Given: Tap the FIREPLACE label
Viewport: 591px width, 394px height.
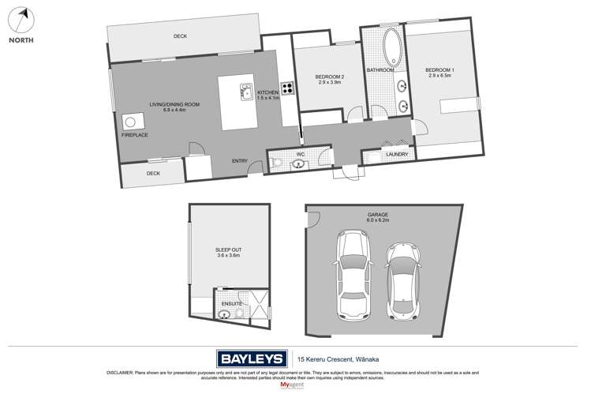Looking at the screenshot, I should (134, 135).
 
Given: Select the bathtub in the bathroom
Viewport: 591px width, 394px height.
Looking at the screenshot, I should (391, 48).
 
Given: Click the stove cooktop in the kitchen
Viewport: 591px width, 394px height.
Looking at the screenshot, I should (287, 89).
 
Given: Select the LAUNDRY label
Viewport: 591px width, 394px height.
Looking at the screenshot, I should (397, 155).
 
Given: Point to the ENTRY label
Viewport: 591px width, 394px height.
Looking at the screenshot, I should (240, 161).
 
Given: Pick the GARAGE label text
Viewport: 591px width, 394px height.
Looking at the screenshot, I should (378, 214).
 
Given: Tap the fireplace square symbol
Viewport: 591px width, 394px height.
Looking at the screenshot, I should (130, 121).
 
